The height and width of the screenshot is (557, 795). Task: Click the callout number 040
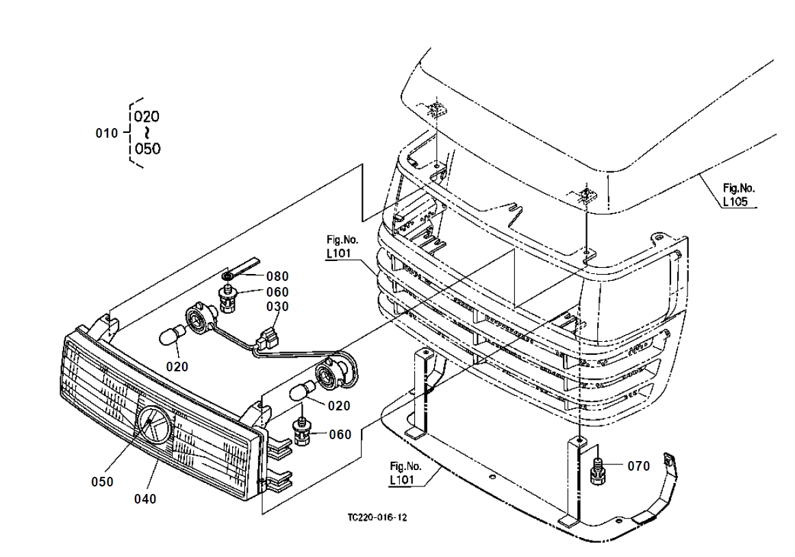[x=145, y=499]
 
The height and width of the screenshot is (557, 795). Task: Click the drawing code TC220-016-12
[x=377, y=518]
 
